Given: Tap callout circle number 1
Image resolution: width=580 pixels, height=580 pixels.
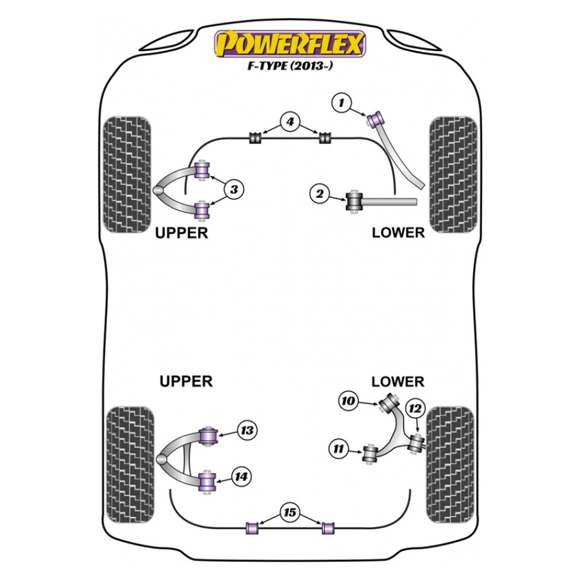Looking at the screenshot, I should point(342,102).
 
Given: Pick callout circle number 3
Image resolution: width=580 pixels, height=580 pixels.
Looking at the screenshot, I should point(234,189).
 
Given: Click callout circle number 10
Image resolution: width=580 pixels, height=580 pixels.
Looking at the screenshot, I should point(348,401).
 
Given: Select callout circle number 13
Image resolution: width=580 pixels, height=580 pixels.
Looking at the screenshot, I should point(246,430).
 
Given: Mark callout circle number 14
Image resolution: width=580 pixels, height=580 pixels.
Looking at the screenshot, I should point(241,477).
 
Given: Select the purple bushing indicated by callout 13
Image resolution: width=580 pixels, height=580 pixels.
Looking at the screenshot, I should point(209,435).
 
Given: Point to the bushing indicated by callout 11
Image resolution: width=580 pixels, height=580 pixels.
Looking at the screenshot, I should point(371,453).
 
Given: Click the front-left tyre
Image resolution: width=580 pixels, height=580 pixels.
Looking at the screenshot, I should point(127,175).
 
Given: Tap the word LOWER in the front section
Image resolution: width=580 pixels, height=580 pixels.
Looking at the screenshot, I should point(398,233).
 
